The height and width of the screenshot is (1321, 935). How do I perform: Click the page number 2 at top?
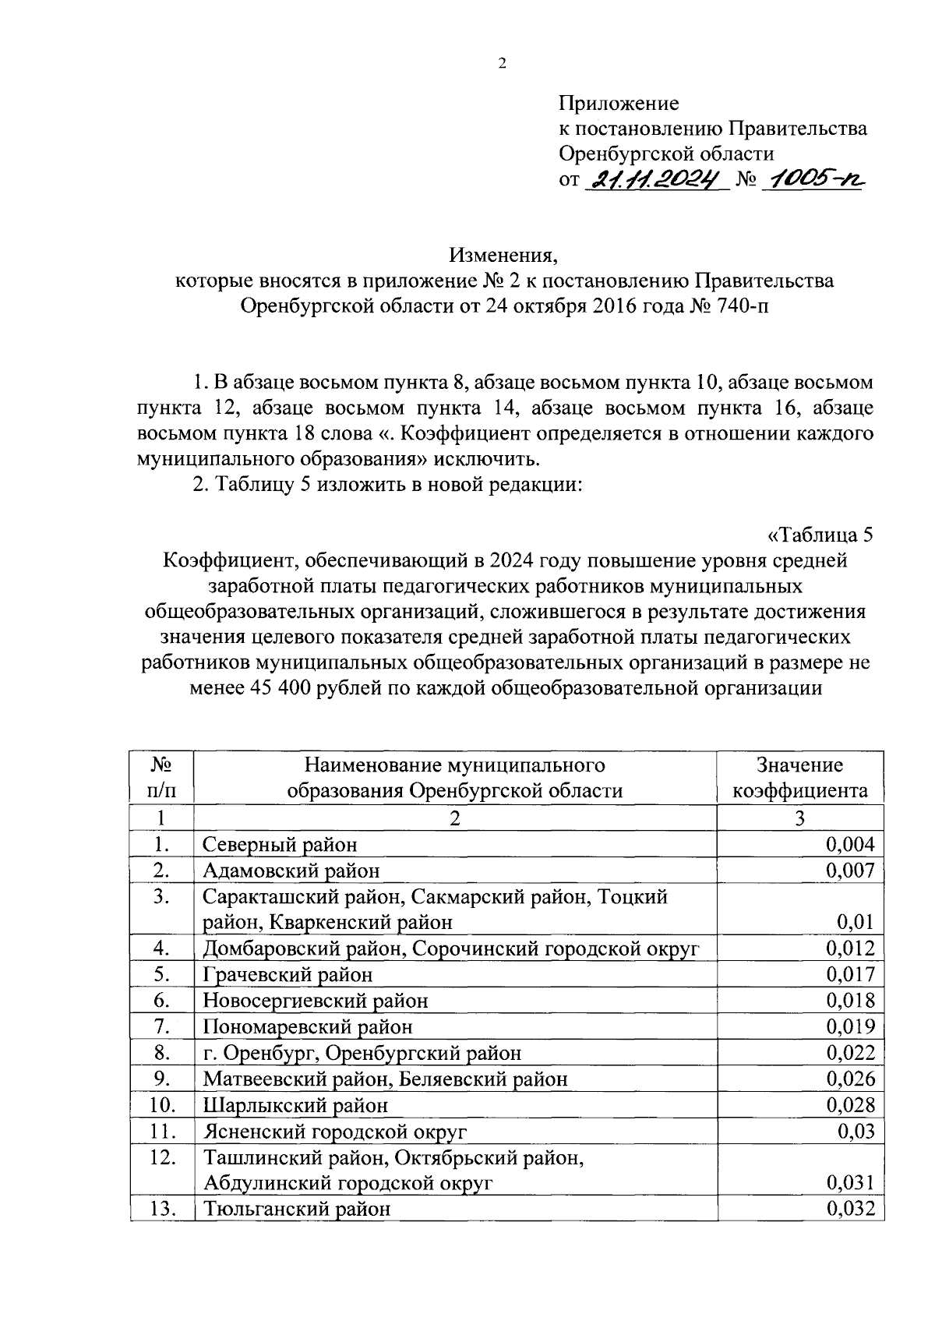502,65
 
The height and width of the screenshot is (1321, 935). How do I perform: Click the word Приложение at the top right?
619,104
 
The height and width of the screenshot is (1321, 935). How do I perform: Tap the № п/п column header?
161,778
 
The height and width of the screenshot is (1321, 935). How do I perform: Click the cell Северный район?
280,844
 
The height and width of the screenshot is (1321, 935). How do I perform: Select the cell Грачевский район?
288,975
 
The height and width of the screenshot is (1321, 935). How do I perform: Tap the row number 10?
161,1105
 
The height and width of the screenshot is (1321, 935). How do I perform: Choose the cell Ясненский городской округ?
335,1132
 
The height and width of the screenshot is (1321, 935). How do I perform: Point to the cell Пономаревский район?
308,1027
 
